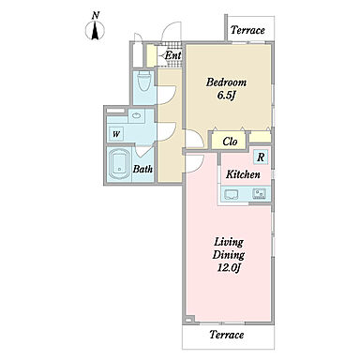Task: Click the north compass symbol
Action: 95,28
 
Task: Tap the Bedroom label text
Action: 226,82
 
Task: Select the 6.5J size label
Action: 226,96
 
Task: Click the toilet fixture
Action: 144,81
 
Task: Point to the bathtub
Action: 119,163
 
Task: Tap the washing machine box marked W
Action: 115,134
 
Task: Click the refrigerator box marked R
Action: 261,157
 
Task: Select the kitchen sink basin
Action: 231,194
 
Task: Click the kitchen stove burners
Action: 259,194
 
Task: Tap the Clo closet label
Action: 230,142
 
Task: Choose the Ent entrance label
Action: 172,55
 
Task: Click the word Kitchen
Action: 243,174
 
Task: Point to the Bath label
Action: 142,169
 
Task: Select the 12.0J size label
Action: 228,268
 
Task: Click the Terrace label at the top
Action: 247,30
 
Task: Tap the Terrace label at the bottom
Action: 227,335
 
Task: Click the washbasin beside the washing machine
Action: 137,115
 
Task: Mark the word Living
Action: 229,243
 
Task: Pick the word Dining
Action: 229,255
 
